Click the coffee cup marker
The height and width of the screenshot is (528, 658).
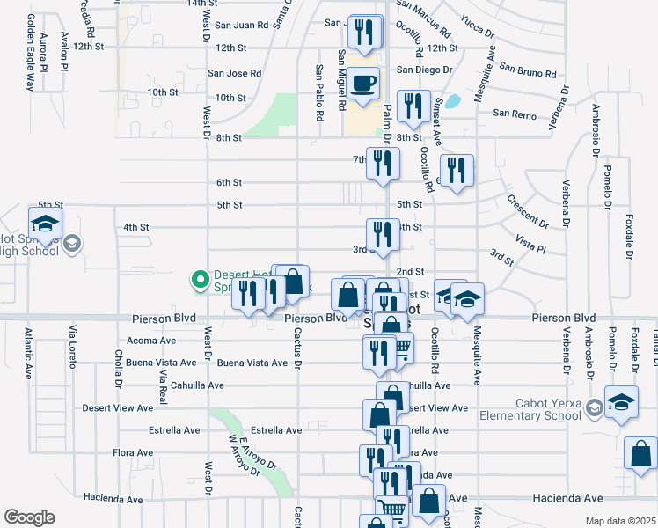point(362,84)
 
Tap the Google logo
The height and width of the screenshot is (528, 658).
point(29,517)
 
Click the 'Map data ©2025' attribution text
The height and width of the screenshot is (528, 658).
point(619,521)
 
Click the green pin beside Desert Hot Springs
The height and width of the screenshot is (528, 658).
point(200,281)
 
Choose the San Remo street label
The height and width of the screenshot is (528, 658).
point(514,114)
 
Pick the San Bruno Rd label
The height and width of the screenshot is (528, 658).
point(528,69)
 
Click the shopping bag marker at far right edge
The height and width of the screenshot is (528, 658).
point(640,453)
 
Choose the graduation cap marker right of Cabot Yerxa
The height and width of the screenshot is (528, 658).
point(621,403)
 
